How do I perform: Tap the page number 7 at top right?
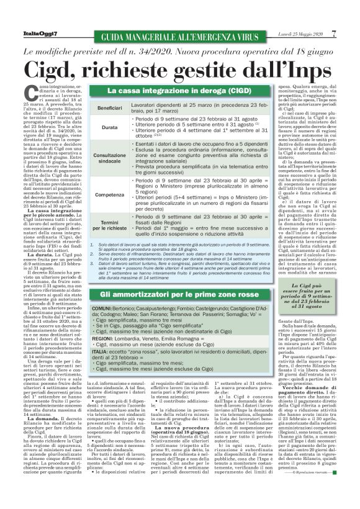pos(333,33)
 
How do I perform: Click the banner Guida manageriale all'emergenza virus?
pos(176,34)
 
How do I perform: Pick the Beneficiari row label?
pos(109,108)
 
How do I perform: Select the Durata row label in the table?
pos(109,127)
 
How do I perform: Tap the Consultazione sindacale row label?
pos(109,157)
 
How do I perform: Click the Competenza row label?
pos(109,194)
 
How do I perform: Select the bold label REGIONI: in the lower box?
pos(102,321)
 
